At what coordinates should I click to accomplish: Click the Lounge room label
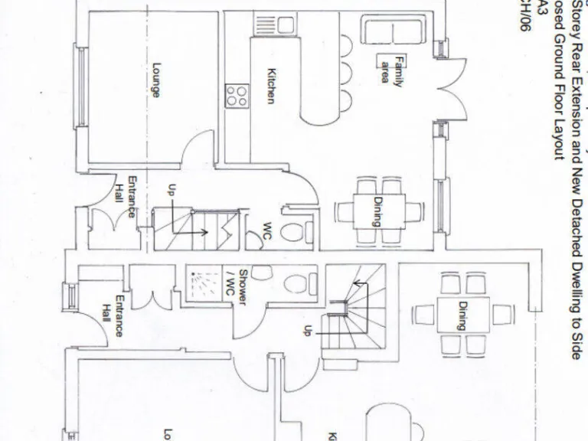coord(156,80)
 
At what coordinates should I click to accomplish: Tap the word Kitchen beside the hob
coord(270,86)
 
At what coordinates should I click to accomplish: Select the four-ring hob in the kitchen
coord(237,94)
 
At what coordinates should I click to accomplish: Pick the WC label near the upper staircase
coord(267,230)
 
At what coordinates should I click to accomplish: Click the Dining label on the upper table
coord(377,212)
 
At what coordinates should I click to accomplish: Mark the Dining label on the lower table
coord(462,315)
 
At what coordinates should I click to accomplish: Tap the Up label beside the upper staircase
coord(171,191)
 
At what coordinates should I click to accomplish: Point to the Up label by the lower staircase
coord(308,331)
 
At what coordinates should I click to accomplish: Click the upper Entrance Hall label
coord(126,197)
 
